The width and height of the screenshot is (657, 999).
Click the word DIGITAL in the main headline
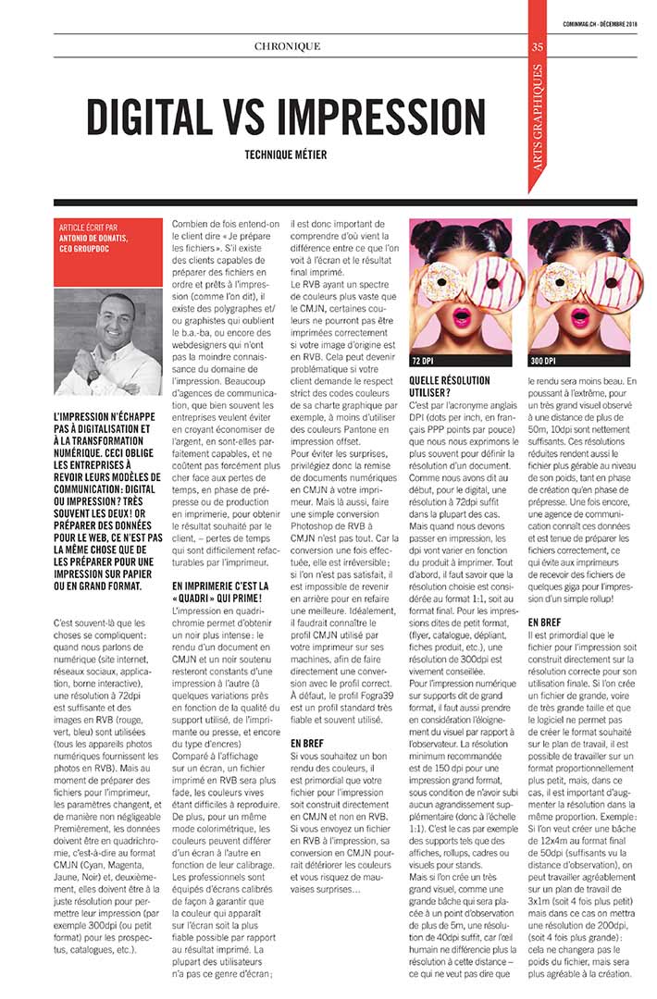(x=159, y=116)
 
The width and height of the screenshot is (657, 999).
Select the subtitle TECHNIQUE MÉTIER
(x=286, y=155)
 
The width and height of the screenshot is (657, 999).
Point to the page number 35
(x=538, y=48)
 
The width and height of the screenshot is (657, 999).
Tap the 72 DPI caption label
(x=423, y=361)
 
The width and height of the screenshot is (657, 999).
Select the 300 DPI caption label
(x=542, y=361)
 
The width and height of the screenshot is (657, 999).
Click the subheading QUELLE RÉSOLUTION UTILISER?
(x=449, y=386)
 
